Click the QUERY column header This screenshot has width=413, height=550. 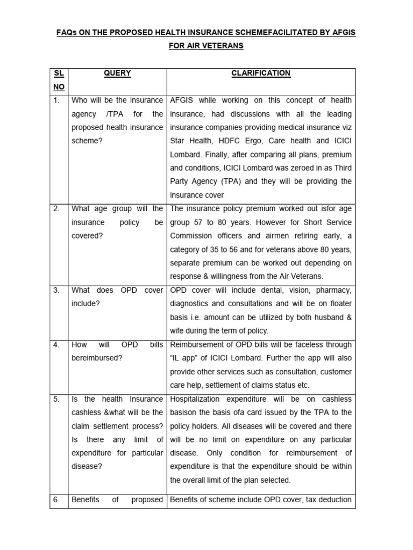117,73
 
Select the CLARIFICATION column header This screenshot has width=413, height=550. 261,73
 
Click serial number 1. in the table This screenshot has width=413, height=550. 56,100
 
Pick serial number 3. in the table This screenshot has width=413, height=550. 56,291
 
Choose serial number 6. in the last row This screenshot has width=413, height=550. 56,500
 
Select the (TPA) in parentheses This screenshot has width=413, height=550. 237,182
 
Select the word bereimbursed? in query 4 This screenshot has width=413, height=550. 97,358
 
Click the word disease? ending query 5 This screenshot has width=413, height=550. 87,467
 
